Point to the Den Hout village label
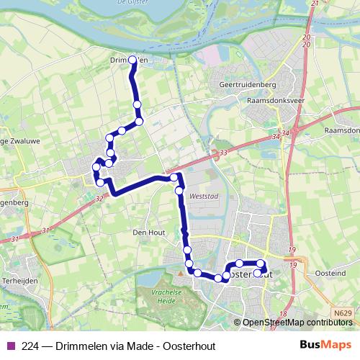click(149, 233)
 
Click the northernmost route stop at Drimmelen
click(132, 60)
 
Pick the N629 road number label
click(343, 313)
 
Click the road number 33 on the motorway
click(222, 153)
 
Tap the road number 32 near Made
click(99, 197)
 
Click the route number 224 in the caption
click(30, 345)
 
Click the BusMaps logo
click(326, 345)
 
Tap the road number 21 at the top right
click(314, 4)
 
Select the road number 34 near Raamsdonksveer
click(276, 133)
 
